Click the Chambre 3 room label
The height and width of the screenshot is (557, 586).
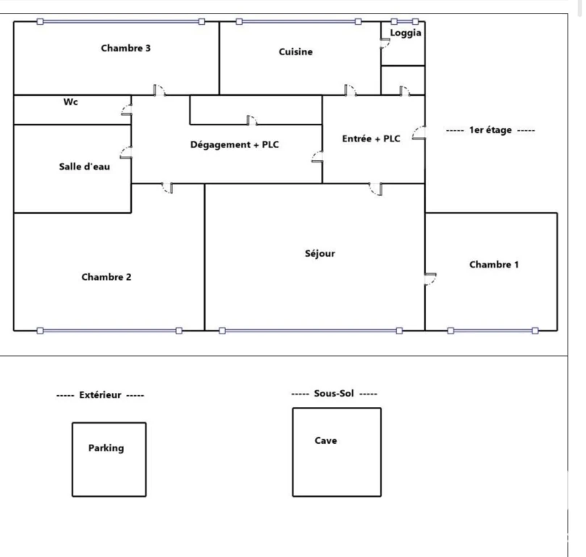click(x=125, y=49)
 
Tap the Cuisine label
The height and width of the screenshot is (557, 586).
click(x=296, y=51)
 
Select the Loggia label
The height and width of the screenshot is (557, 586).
click(x=406, y=33)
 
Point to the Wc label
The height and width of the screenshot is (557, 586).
click(x=71, y=102)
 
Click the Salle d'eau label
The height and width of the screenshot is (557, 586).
click(x=85, y=167)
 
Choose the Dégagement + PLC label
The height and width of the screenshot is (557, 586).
click(x=234, y=145)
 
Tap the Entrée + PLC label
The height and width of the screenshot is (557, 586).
click(x=371, y=139)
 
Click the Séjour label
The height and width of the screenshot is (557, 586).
click(x=320, y=254)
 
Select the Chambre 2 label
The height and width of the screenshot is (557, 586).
click(x=106, y=277)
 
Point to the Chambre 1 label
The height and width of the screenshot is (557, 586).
click(x=494, y=265)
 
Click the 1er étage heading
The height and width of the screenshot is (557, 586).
click(x=490, y=130)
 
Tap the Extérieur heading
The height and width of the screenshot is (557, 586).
click(x=100, y=395)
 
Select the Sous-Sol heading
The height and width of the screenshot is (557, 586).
click(x=334, y=394)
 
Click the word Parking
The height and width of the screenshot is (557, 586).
click(x=106, y=448)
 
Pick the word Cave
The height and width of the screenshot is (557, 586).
click(x=326, y=441)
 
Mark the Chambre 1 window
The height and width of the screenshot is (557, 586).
click(x=493, y=331)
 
